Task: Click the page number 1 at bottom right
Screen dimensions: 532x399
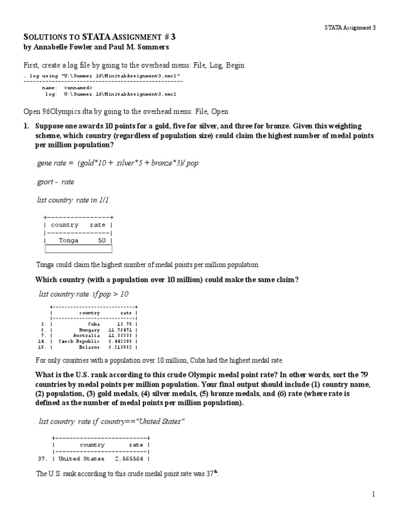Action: point(373,494)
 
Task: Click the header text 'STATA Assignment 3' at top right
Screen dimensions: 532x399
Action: point(347,28)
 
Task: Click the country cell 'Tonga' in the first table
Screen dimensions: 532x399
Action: point(69,241)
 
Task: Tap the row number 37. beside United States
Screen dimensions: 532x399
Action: point(43,459)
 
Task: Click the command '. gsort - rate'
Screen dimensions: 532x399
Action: point(54,182)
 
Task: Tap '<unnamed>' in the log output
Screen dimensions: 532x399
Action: point(82,88)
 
